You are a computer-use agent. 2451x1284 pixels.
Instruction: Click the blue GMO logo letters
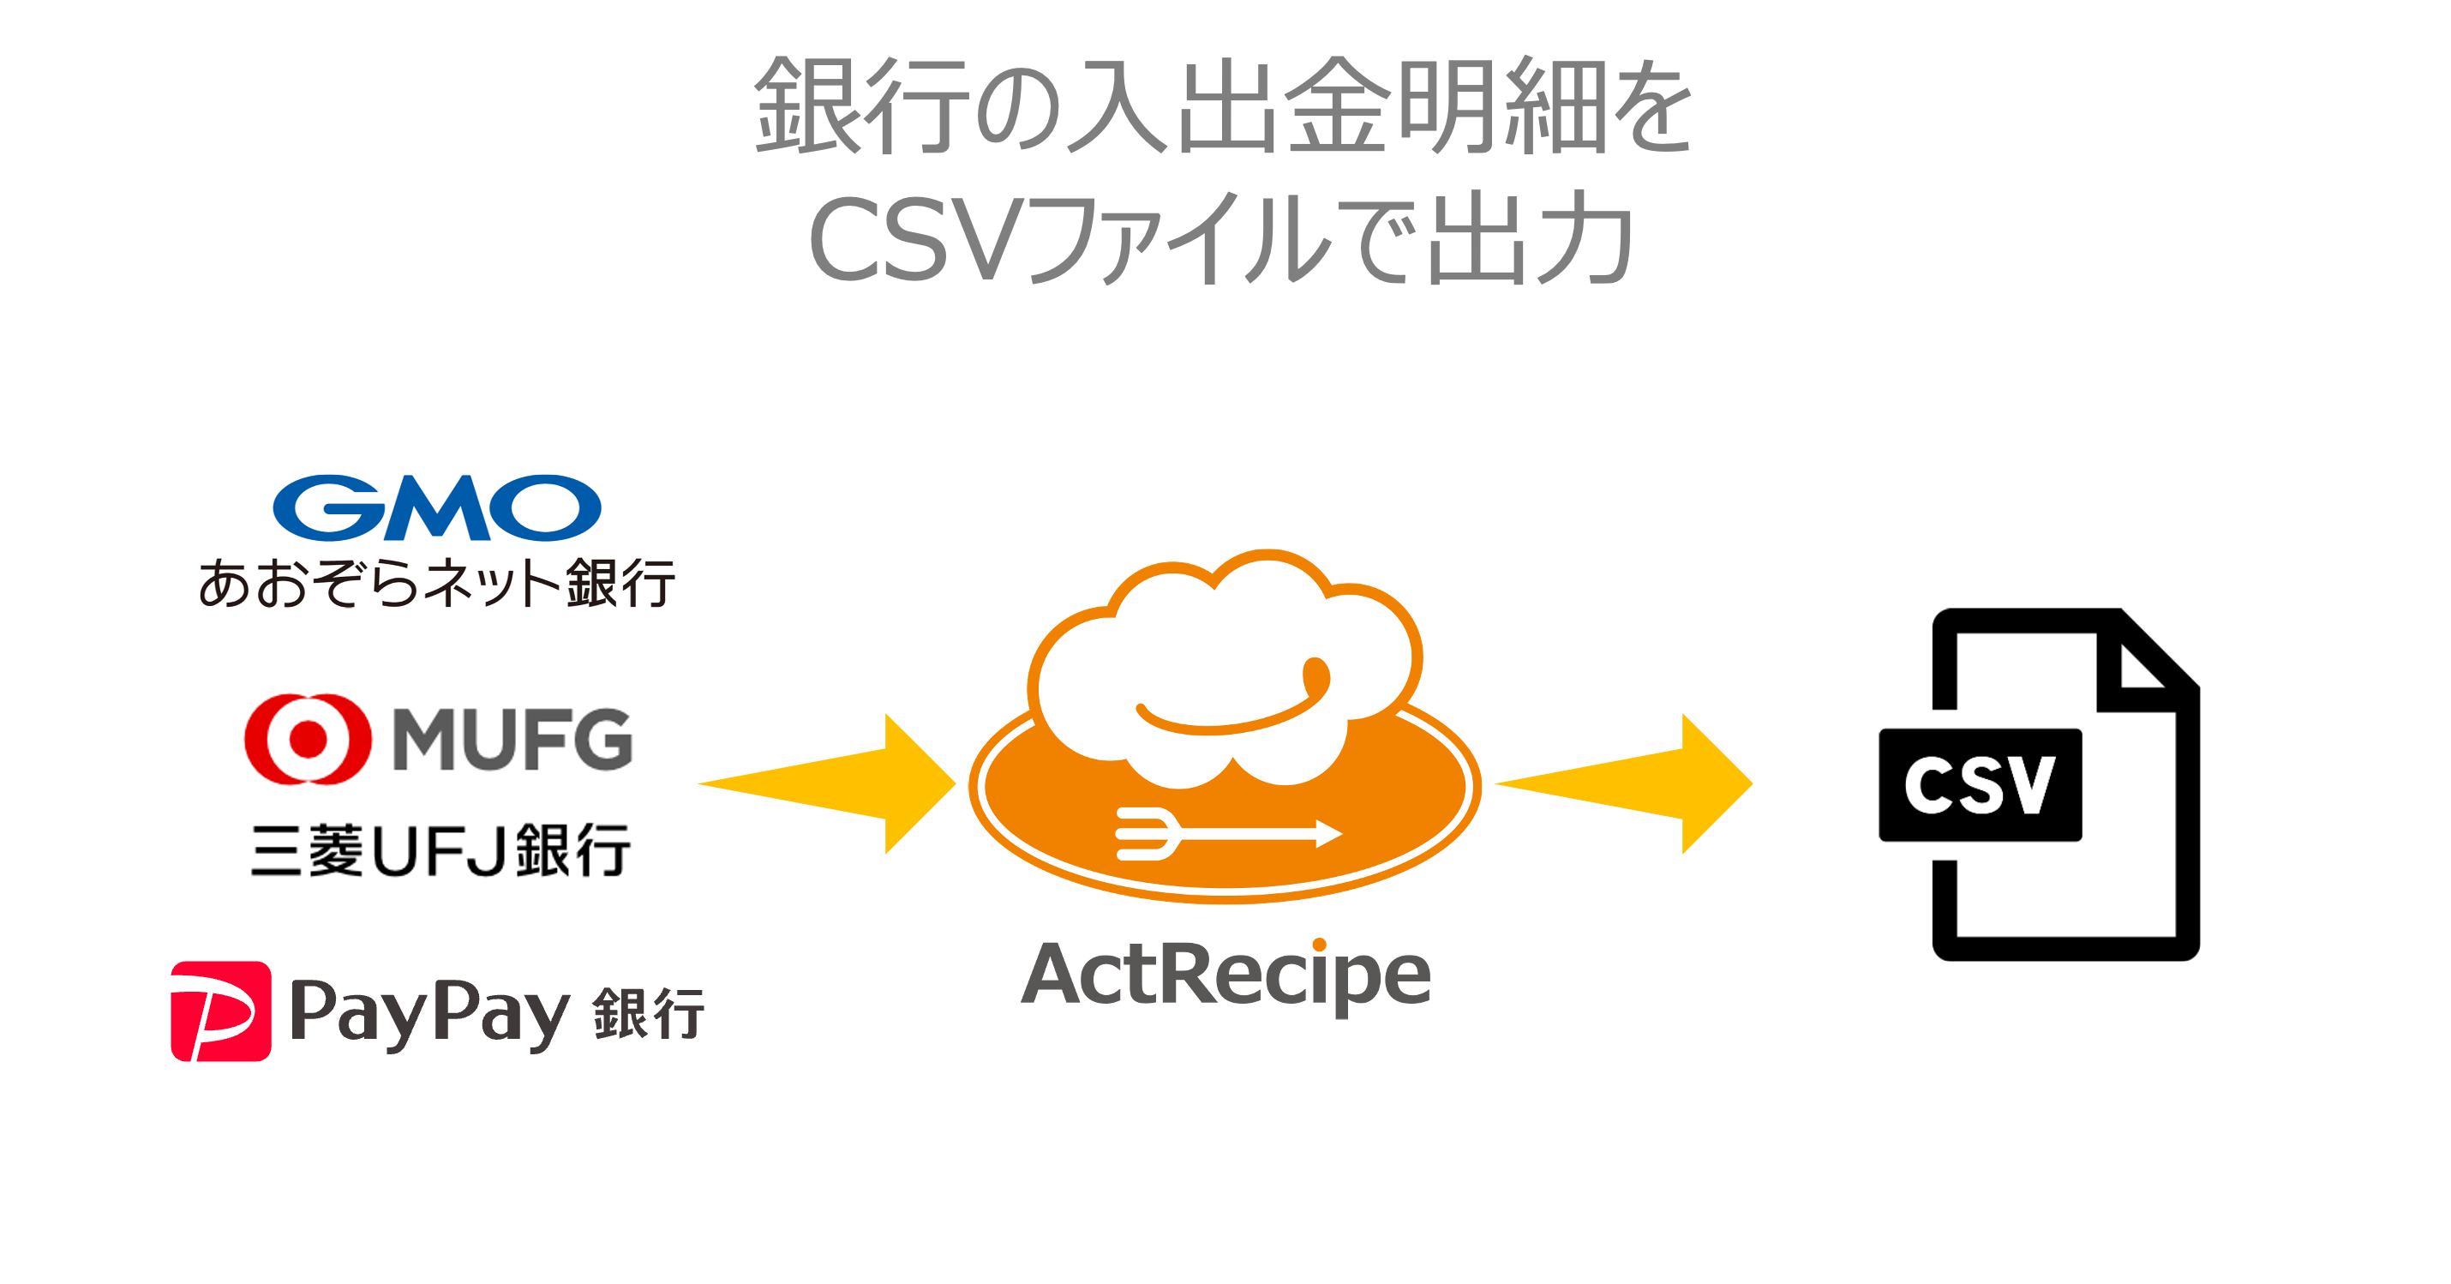pos(437,507)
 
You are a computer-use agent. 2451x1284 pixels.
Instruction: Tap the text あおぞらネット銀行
pos(437,583)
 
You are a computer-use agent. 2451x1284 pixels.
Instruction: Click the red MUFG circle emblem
pos(308,739)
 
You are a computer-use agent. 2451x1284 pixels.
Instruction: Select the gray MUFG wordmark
pos(512,739)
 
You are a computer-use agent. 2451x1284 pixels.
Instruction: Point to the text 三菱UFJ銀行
pos(440,850)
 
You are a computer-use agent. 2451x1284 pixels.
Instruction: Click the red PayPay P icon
pos(221,1011)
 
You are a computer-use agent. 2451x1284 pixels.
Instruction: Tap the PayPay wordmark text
pos(428,1014)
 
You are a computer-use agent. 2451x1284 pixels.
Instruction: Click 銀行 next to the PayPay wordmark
pos(648,1014)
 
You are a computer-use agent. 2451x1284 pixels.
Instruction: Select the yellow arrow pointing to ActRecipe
pos(837,783)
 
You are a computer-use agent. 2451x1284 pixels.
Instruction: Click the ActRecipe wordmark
pos(1225,975)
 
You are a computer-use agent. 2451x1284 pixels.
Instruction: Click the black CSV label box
pos(1980,785)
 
